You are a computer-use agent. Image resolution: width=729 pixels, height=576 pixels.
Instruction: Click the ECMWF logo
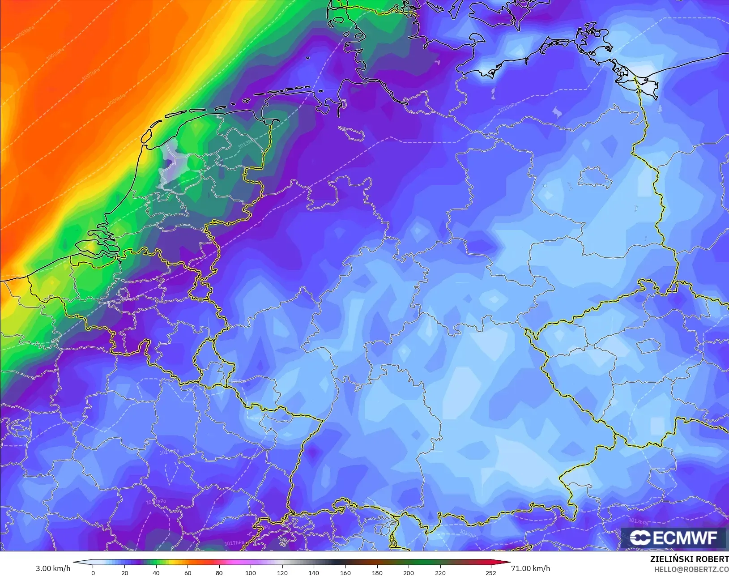click(673, 538)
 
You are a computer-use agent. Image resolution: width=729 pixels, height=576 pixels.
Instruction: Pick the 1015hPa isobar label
click(507, 108)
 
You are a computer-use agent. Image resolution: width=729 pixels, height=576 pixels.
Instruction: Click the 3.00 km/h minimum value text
click(53, 568)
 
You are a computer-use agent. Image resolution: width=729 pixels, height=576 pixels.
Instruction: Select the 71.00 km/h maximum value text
click(530, 568)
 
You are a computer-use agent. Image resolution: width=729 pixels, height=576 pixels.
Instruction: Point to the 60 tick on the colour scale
click(188, 572)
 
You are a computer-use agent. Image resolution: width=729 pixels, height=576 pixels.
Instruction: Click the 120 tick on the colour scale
click(282, 572)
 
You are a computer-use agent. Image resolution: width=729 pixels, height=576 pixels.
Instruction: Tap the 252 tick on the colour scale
click(491, 572)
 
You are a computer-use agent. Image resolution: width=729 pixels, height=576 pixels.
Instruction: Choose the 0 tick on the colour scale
click(93, 572)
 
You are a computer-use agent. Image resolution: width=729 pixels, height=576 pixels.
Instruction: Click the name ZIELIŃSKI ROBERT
click(689, 559)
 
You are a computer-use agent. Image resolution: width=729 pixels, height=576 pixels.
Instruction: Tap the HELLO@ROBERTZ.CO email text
click(691, 569)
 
